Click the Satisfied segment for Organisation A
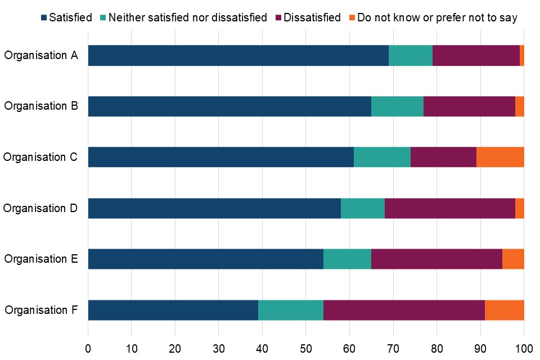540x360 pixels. [x=238, y=56]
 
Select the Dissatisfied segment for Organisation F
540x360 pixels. [x=404, y=310]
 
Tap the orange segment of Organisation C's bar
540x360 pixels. [x=500, y=157]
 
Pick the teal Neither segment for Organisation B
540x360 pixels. [x=397, y=106]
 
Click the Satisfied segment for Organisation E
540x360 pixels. [x=205, y=259]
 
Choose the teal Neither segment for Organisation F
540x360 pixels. [x=290, y=310]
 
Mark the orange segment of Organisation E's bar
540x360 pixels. [x=513, y=259]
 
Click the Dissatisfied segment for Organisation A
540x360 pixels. [x=476, y=56]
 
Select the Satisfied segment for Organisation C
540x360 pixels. [x=220, y=157]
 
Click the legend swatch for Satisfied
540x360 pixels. [x=44, y=17]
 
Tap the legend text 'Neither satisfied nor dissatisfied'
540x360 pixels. [x=187, y=17]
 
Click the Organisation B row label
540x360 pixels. [x=41, y=106]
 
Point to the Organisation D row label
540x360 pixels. [x=41, y=208]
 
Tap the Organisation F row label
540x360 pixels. [x=41, y=310]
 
